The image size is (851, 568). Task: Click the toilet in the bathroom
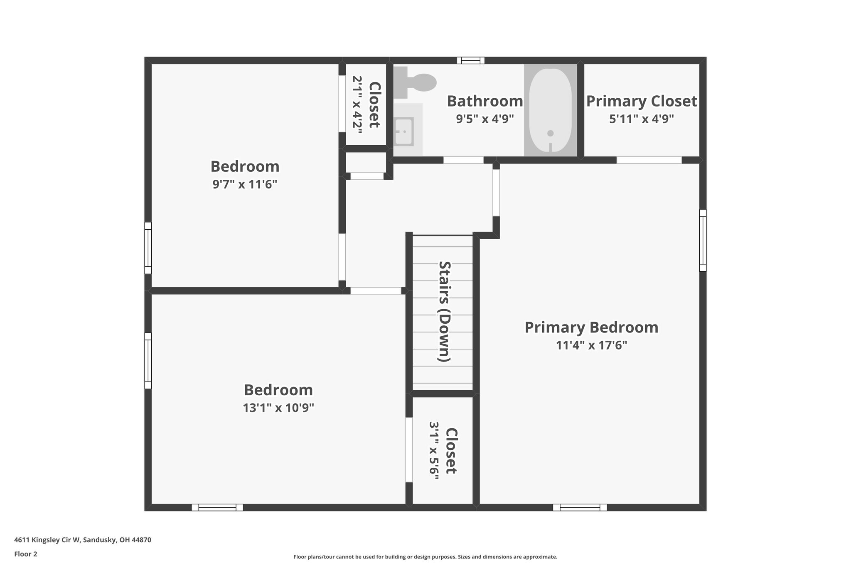[418, 82]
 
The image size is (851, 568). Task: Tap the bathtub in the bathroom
[550, 111]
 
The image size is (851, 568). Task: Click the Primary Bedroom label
[591, 327]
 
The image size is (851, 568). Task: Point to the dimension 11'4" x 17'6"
[591, 345]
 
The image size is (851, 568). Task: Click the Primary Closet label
[642, 101]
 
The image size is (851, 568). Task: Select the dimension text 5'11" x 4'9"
[642, 119]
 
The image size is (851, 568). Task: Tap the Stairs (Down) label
[445, 311]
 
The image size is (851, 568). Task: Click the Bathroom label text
[485, 101]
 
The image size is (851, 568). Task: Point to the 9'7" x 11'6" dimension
[245, 184]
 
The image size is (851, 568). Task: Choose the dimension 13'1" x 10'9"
[278, 408]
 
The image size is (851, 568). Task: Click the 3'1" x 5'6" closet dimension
[434, 451]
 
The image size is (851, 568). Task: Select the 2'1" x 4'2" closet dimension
[357, 104]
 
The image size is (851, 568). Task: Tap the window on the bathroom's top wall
[471, 60]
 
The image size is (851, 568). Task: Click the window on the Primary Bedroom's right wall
[703, 240]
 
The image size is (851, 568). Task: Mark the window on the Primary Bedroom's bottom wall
[580, 507]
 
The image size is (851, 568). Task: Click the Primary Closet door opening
[649, 160]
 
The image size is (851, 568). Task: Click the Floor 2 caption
[26, 554]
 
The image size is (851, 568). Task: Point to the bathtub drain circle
[551, 133]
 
